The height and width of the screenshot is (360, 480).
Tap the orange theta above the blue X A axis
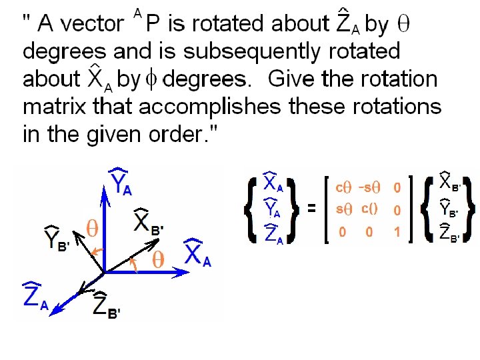pyautogui.click(x=158, y=260)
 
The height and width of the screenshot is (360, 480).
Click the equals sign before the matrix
pyautogui.click(x=311, y=209)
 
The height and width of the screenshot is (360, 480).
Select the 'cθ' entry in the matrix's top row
pyautogui.click(x=343, y=187)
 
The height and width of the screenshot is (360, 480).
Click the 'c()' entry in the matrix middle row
pyautogui.click(x=369, y=209)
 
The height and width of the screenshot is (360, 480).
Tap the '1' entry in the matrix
pyautogui.click(x=397, y=233)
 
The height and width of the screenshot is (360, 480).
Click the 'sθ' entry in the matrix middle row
pyautogui.click(x=343, y=209)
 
